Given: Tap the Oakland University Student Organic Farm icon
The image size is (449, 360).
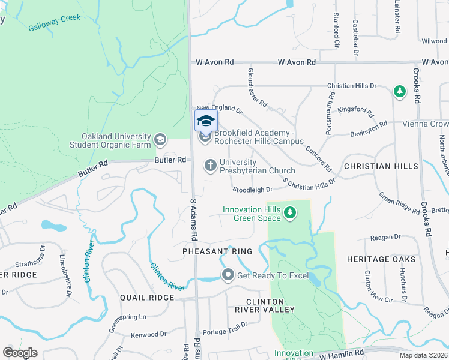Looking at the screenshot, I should pyautogui.click(x=160, y=140).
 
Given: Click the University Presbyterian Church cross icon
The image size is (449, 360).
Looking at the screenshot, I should pyautogui.click(x=210, y=164).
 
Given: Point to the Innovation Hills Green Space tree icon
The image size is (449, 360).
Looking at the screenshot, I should pyautogui.click(x=290, y=212).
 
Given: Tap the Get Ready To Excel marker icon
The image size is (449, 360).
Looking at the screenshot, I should pyautogui.click(x=228, y=275).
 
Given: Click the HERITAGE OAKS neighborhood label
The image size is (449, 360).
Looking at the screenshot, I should pyautogui.click(x=381, y=259).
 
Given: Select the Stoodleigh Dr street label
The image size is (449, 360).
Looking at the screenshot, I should pyautogui.click(x=253, y=190).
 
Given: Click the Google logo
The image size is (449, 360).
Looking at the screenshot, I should pyautogui.click(x=20, y=353).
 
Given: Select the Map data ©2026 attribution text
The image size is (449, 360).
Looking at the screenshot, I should pyautogui.click(x=423, y=355).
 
